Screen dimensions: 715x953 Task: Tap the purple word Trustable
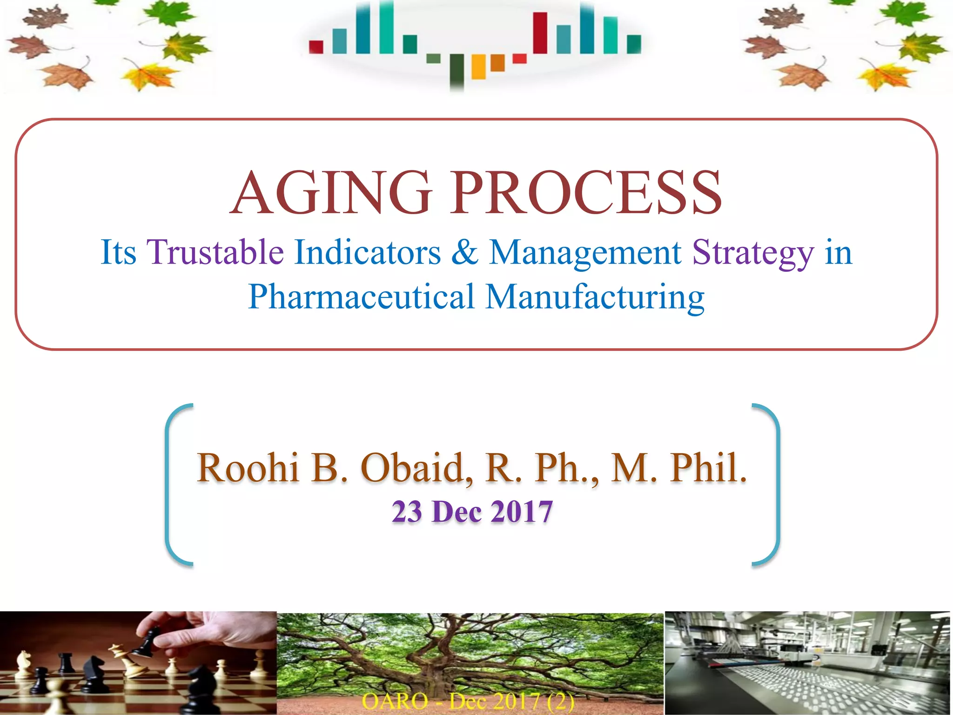click(215, 252)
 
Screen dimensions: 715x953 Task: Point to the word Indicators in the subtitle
click(368, 252)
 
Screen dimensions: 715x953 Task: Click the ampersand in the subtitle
click(464, 252)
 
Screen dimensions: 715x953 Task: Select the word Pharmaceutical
click(361, 297)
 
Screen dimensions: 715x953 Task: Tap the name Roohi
click(248, 467)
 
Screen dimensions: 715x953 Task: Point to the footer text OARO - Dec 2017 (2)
click(468, 701)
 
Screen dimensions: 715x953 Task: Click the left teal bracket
click(173, 484)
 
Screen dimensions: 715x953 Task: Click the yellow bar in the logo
click(478, 67)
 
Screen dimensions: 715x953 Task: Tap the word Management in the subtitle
click(585, 252)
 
